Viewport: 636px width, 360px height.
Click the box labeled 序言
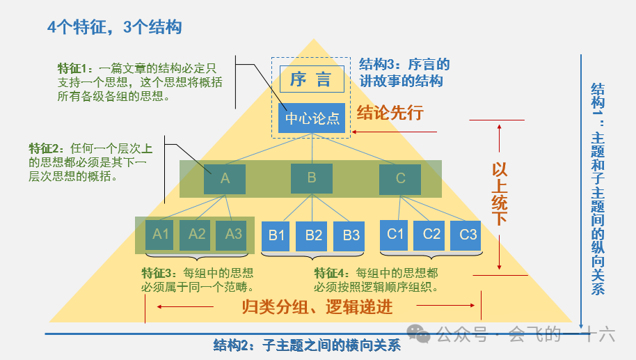312,79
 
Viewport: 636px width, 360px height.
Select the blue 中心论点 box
312,118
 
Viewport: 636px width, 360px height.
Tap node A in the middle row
225,179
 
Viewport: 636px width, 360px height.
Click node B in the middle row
312,178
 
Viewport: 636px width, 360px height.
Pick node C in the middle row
400,179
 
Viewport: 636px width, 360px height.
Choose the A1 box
161,235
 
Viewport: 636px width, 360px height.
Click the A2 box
198,235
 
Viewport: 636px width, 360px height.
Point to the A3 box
234,235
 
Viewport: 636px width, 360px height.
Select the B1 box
277,235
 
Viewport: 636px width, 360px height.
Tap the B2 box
314,235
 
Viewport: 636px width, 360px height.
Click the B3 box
351,235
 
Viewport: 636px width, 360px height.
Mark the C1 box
395,235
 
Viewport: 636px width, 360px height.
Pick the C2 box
432,235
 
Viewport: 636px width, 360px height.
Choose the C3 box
468,235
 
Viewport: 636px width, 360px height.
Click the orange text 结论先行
390,113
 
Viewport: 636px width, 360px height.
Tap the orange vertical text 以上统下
500,194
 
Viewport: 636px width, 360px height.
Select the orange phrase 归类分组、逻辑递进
317,306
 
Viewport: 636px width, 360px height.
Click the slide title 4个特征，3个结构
114,27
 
